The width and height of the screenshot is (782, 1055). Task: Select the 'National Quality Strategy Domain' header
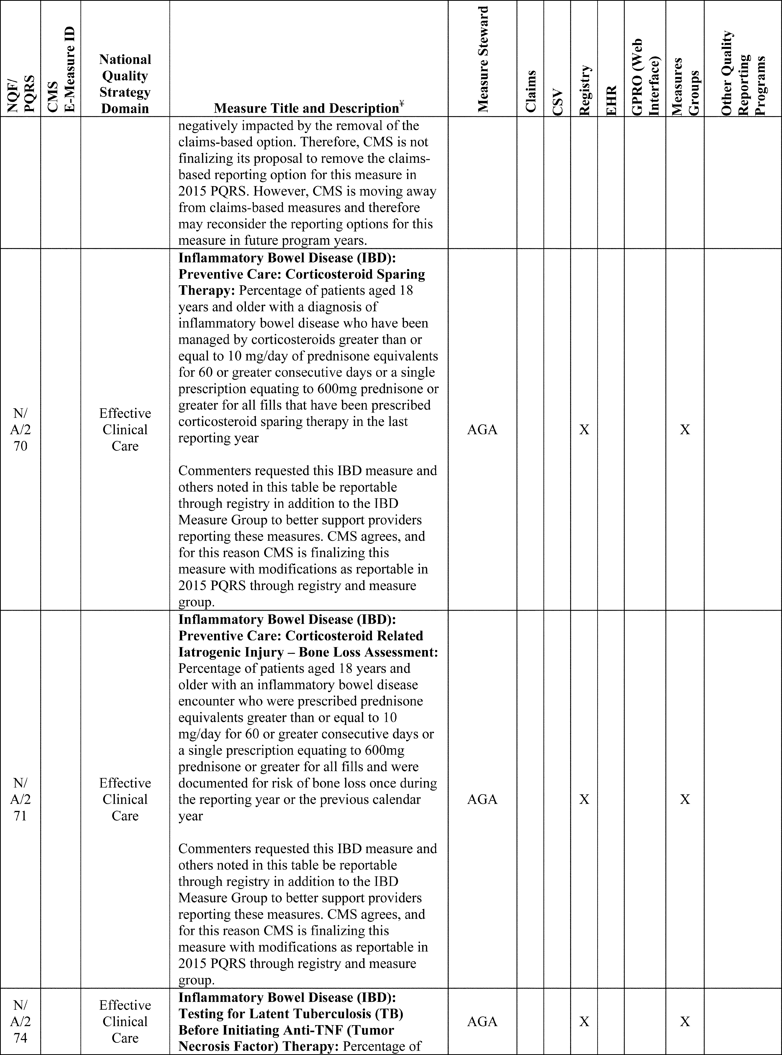pyautogui.click(x=125, y=84)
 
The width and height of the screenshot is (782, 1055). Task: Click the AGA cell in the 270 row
pyautogui.click(x=482, y=430)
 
